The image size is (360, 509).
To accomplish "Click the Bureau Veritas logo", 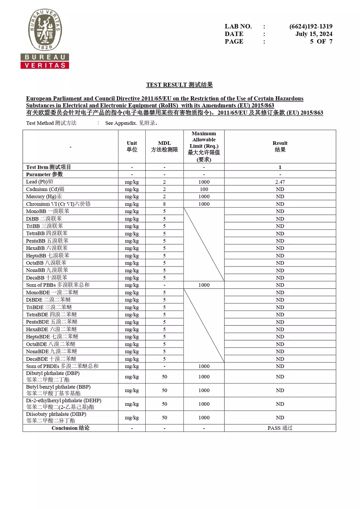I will point(45,39).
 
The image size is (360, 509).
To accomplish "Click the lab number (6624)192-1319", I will point(311,26).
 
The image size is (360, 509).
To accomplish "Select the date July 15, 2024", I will point(314,34).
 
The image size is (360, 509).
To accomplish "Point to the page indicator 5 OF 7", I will point(321,41).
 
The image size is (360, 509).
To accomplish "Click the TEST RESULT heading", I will point(179,85).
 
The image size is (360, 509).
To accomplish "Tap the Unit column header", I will point(132,146).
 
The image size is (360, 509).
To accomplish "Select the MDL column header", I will point(164,146).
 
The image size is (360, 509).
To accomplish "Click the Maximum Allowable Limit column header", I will point(204,146).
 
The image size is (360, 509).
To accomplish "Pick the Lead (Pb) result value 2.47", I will point(280,182).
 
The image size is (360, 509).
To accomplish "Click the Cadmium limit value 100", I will point(204,189).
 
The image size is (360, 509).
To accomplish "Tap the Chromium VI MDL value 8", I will point(164,204).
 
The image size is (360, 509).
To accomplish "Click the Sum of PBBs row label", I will point(58,285).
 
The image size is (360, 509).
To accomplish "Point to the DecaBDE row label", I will point(51,359).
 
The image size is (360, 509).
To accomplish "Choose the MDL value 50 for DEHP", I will point(164,404).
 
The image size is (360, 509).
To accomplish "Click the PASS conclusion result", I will point(280,428).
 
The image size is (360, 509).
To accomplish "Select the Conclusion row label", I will point(70,428).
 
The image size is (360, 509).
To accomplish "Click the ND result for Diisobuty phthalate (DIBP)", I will point(280,417).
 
